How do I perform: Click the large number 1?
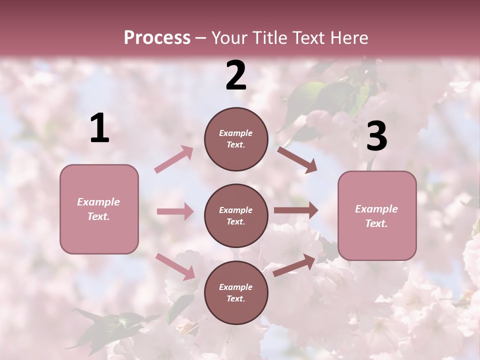pyautogui.click(x=99, y=128)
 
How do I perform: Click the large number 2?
pyautogui.click(x=236, y=75)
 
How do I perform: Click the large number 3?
pyautogui.click(x=376, y=136)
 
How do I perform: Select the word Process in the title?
pyautogui.click(x=157, y=37)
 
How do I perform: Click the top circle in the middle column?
pyautogui.click(x=236, y=139)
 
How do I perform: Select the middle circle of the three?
pyautogui.click(x=236, y=215)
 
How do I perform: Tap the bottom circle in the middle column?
pyautogui.click(x=236, y=292)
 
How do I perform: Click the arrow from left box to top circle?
pyautogui.click(x=174, y=159)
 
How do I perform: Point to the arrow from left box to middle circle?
pyautogui.click(x=175, y=211)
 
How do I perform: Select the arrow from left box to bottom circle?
pyautogui.click(x=175, y=266)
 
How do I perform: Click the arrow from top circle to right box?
pyautogui.click(x=297, y=160)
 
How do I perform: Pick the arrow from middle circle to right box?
pyautogui.click(x=295, y=210)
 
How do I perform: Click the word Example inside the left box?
pyautogui.click(x=98, y=202)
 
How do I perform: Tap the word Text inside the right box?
pyautogui.click(x=376, y=223)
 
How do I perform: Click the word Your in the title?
pyautogui.click(x=227, y=37)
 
